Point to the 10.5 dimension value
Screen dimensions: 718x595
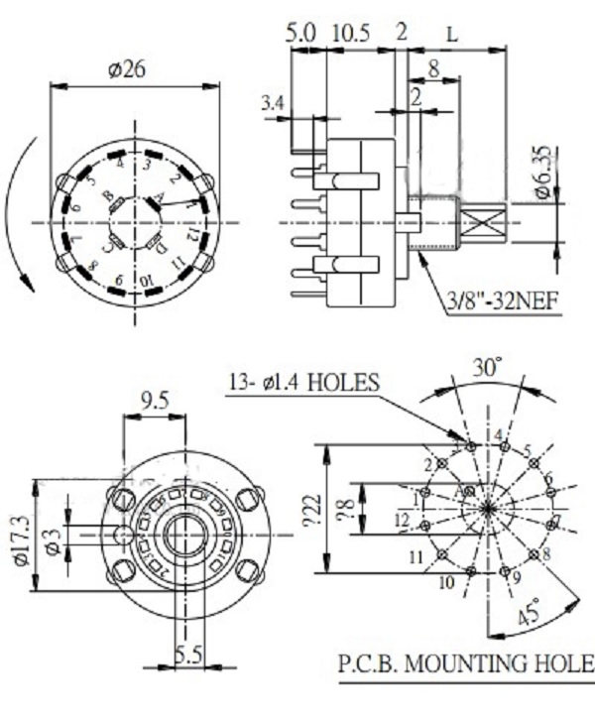tap(351, 32)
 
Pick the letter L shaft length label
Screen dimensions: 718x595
tap(452, 32)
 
